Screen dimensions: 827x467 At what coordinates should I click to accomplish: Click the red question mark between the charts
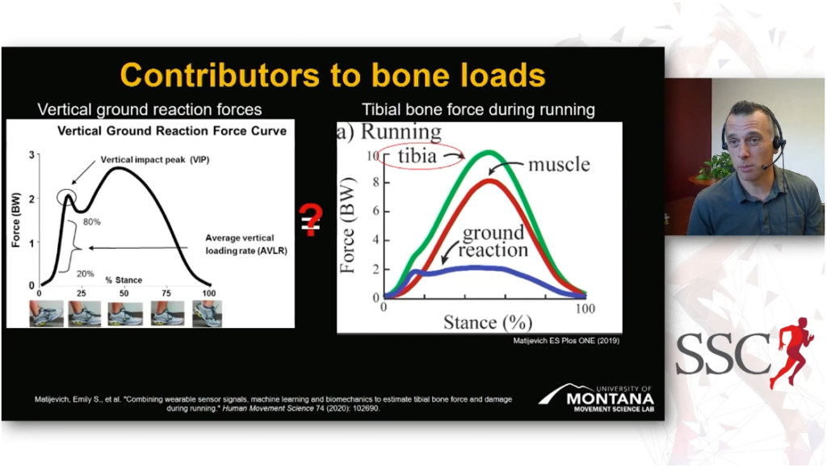[311, 220]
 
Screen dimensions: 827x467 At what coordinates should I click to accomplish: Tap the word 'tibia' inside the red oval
[418, 156]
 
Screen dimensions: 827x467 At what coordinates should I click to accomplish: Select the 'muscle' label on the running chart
[559, 164]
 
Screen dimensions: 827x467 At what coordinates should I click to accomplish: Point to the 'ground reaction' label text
[493, 241]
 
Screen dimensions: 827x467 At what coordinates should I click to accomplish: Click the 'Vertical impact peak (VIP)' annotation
[155, 159]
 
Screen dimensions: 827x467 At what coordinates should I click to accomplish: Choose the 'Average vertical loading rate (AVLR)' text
[246, 244]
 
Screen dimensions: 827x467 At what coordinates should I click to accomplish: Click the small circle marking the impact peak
[67, 198]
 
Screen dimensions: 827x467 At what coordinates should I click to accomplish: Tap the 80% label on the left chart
[92, 222]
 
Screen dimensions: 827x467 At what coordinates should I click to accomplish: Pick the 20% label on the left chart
[86, 273]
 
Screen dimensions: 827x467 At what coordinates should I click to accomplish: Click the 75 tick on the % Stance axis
[166, 293]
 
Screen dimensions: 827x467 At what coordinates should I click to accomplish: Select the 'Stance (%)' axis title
[488, 322]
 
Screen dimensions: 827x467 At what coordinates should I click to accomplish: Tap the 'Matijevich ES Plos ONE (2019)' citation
[566, 341]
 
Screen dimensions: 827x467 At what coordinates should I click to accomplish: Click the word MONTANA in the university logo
[611, 398]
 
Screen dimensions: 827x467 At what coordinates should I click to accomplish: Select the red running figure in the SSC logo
[791, 351]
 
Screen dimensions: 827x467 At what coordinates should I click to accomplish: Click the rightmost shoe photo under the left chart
[207, 313]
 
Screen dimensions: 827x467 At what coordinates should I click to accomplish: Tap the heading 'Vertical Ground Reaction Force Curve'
[172, 131]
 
